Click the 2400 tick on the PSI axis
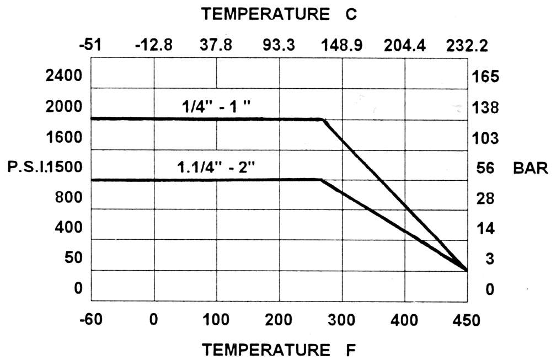click(63, 76)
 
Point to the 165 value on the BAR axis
click(486, 76)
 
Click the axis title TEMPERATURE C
click(280, 15)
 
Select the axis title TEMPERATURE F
click(280, 350)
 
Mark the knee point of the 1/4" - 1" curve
click(322, 119)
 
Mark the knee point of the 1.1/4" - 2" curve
click(320, 180)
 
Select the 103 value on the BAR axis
click(486, 137)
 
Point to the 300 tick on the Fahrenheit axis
click(342, 319)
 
